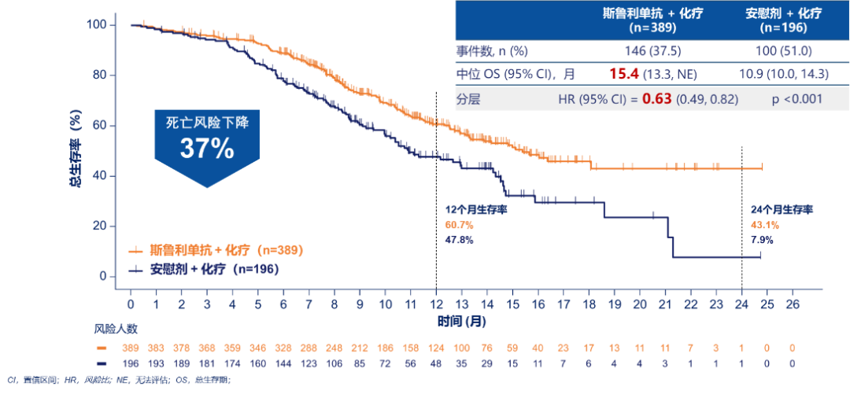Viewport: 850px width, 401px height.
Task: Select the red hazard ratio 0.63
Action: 658,99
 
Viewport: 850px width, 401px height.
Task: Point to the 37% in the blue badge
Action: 206,148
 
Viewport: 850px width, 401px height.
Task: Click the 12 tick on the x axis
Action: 436,304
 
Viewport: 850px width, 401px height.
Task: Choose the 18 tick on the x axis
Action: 589,304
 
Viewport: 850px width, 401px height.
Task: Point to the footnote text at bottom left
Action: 118,381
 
